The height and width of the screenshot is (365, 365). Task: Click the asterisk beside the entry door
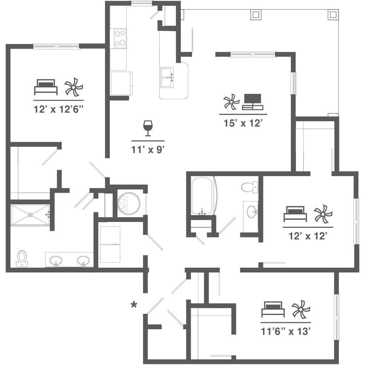pyautogui.click(x=134, y=304)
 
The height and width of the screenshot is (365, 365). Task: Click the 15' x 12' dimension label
pyautogui.click(x=243, y=124)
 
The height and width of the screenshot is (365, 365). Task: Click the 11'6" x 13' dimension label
pyautogui.click(x=287, y=332)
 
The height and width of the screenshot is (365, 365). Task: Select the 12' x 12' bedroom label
pyautogui.click(x=308, y=236)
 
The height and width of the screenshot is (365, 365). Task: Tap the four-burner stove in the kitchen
pyautogui.click(x=120, y=38)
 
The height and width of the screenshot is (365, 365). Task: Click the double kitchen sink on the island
pyautogui.click(x=167, y=77)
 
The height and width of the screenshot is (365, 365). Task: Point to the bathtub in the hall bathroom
pyautogui.click(x=204, y=196)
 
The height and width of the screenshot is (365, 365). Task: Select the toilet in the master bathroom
pyautogui.click(x=22, y=258)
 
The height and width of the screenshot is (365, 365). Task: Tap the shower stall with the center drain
pyautogui.click(x=30, y=215)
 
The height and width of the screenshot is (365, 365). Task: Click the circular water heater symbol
pyautogui.click(x=129, y=204)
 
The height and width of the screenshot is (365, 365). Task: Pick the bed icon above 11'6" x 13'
pyautogui.click(x=273, y=309)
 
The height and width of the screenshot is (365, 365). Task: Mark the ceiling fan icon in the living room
pyautogui.click(x=231, y=102)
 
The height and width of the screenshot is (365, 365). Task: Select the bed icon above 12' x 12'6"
pyautogui.click(x=46, y=87)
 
